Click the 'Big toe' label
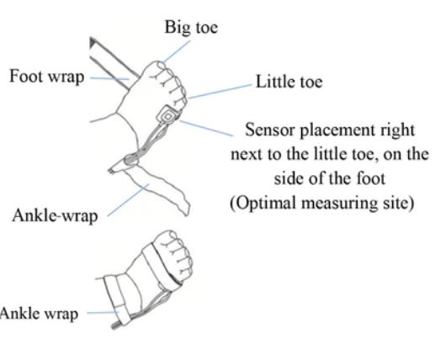point(191,28)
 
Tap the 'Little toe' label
point(289,82)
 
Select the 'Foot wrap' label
point(47,77)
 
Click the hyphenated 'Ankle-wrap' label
point(55,215)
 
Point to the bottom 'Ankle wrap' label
point(39,314)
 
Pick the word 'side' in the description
point(289,179)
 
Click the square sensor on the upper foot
point(167,115)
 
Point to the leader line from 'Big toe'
point(177,51)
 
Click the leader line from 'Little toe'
point(220,92)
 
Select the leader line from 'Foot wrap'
point(109,78)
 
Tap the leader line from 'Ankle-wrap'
point(128,200)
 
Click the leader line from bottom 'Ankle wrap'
point(103,312)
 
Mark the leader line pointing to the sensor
point(206,128)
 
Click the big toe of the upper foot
point(158,67)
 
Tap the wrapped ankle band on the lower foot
point(117,300)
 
